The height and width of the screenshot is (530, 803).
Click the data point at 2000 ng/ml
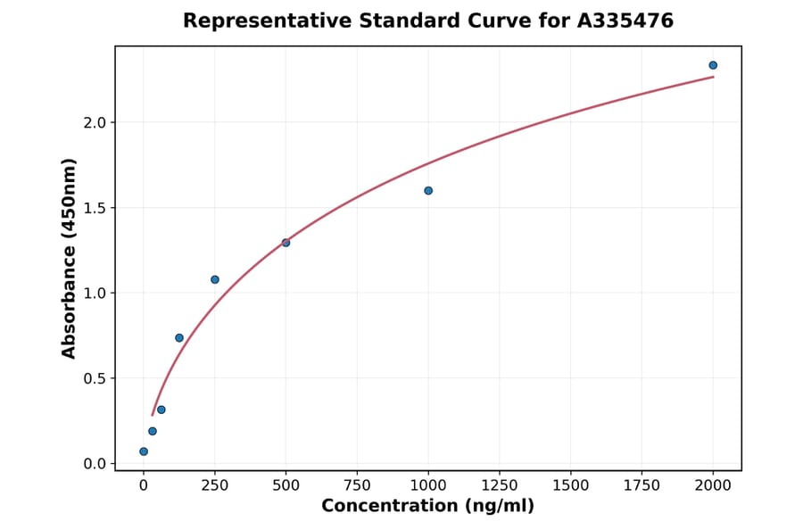coord(713,65)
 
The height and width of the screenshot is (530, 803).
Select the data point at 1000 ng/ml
coord(428,191)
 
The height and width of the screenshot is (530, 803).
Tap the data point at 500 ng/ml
coord(286,243)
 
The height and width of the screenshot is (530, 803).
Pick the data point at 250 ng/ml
coord(215,279)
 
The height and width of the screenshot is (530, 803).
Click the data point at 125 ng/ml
coord(179,338)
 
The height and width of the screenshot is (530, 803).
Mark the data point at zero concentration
coord(144,451)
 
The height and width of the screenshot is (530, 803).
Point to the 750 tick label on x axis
coord(357,485)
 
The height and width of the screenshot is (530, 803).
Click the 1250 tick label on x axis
coord(500,485)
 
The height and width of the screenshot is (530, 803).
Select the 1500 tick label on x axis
coord(571,485)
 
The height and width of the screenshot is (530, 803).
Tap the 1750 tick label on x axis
coord(642,485)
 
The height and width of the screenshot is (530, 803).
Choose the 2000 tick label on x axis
coord(713,485)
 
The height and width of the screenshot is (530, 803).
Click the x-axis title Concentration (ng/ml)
coord(427,507)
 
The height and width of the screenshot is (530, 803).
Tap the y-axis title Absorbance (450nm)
coord(69,258)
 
